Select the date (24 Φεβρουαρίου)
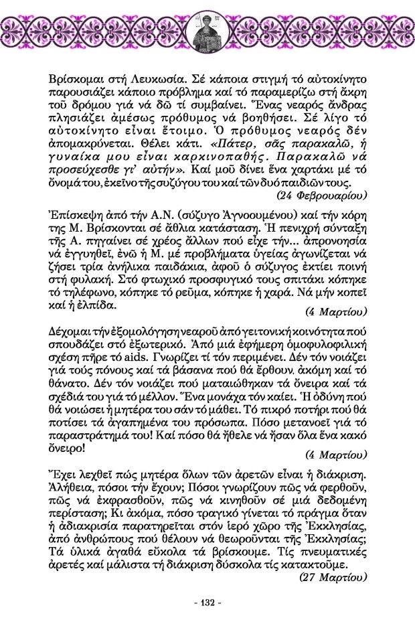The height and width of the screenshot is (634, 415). click(321, 195)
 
